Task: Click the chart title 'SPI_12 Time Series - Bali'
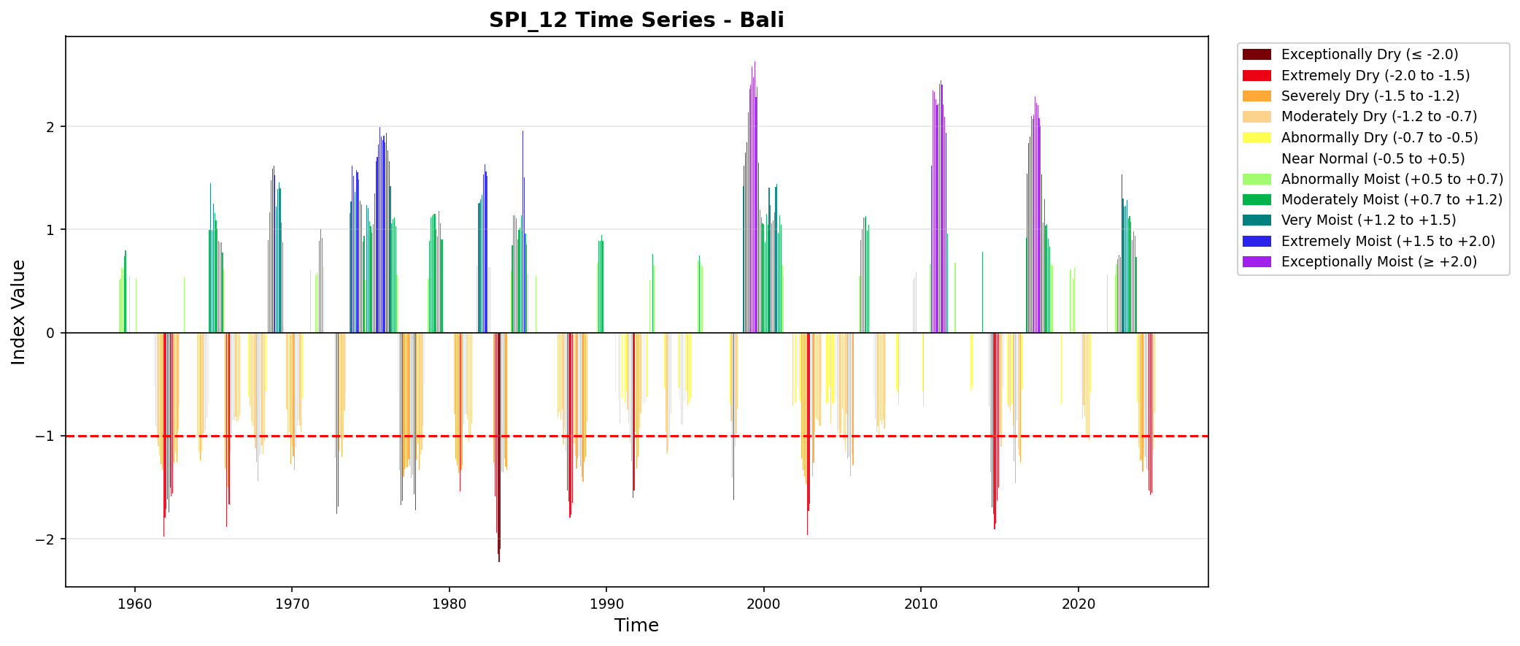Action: (x=636, y=20)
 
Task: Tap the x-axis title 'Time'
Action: (x=636, y=626)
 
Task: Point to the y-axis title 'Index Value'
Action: (x=19, y=312)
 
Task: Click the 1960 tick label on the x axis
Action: (x=134, y=604)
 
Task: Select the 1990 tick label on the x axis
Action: (x=606, y=604)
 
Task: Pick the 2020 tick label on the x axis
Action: (x=1078, y=604)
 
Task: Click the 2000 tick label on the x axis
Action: (x=763, y=604)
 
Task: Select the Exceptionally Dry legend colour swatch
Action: (x=1257, y=55)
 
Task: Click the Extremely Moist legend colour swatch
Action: (x=1257, y=241)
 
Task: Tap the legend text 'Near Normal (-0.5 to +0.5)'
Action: (x=1373, y=158)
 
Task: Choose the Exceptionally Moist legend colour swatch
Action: (x=1257, y=261)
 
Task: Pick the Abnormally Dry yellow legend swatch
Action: (x=1257, y=137)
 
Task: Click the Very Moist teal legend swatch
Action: (x=1257, y=220)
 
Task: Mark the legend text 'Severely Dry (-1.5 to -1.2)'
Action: (x=1370, y=96)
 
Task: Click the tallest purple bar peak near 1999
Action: (x=755, y=64)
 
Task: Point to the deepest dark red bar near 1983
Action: (x=499, y=558)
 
